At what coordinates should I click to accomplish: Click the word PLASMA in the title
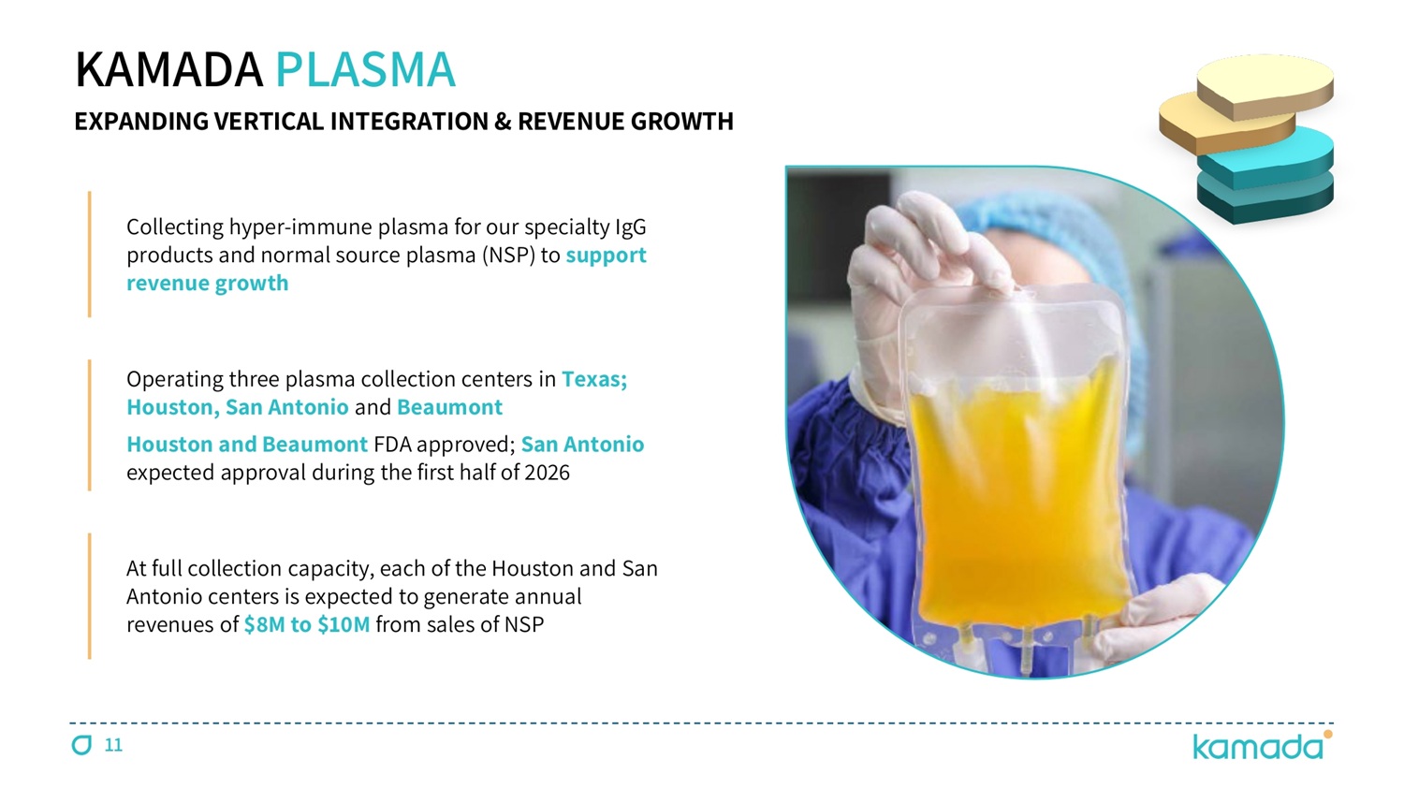coord(365,69)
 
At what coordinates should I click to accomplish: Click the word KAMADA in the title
coord(168,69)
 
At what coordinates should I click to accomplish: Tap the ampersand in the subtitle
coord(503,122)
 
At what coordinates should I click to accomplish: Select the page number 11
coord(113,745)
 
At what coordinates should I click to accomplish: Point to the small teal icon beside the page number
coord(81,745)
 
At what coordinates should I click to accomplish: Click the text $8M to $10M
coord(307,625)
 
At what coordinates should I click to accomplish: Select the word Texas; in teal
coord(594,379)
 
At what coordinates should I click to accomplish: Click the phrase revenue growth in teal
coord(208,284)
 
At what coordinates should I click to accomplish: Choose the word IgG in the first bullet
coord(631,227)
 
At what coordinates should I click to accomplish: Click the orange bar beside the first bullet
coord(90,254)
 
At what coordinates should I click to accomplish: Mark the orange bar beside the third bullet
coord(90,596)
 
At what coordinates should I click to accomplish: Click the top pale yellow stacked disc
coord(1265,86)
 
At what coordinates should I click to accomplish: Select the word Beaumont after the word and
coord(449,407)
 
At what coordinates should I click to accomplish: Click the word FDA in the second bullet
coord(392,445)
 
